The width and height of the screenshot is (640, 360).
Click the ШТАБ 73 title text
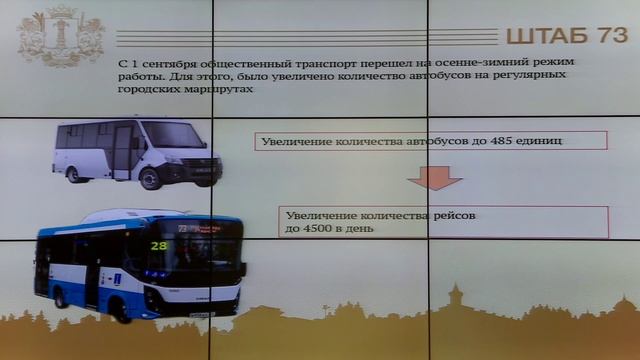[x=566, y=36]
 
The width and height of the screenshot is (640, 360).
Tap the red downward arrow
[x=433, y=177]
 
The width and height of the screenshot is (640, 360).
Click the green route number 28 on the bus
[x=159, y=245]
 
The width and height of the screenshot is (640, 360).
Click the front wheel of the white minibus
[x=150, y=178]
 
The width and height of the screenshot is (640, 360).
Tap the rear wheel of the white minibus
[x=73, y=174]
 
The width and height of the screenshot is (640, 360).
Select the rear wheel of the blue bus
[x=60, y=297]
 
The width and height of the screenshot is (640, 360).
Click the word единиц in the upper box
[x=540, y=141]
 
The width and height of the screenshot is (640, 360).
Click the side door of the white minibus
[x=121, y=150]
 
